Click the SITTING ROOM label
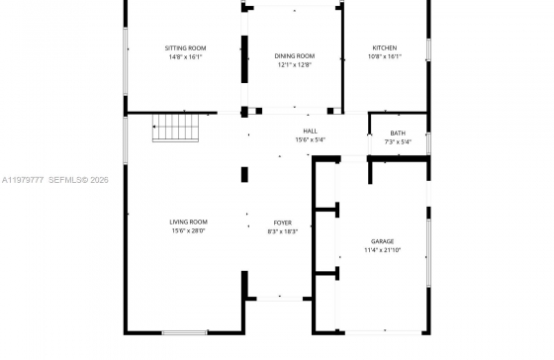pyautogui.click(x=186, y=48)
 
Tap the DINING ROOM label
pyautogui.click(x=295, y=55)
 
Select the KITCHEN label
pyautogui.click(x=385, y=47)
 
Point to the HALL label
pyautogui.click(x=311, y=132)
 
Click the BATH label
pyautogui.click(x=398, y=134)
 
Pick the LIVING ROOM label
pyautogui.click(x=188, y=222)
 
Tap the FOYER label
pyautogui.click(x=283, y=223)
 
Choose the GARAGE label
pyautogui.click(x=382, y=241)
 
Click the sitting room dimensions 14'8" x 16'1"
pyautogui.click(x=186, y=57)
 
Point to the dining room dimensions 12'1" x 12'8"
pyautogui.click(x=295, y=64)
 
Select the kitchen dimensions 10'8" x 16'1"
pyautogui.click(x=385, y=56)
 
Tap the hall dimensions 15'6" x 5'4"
pyautogui.click(x=311, y=139)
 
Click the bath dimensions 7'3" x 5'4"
pyautogui.click(x=398, y=142)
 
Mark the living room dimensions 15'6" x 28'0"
pyautogui.click(x=188, y=231)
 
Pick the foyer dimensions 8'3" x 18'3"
pyautogui.click(x=283, y=231)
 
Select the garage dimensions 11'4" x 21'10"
pyautogui.click(x=382, y=250)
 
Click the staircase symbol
pyautogui.click(x=176, y=128)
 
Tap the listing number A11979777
pyautogui.click(x=23, y=180)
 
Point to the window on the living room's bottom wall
pyautogui.click(x=184, y=332)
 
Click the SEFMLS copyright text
pyautogui.click(x=78, y=180)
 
